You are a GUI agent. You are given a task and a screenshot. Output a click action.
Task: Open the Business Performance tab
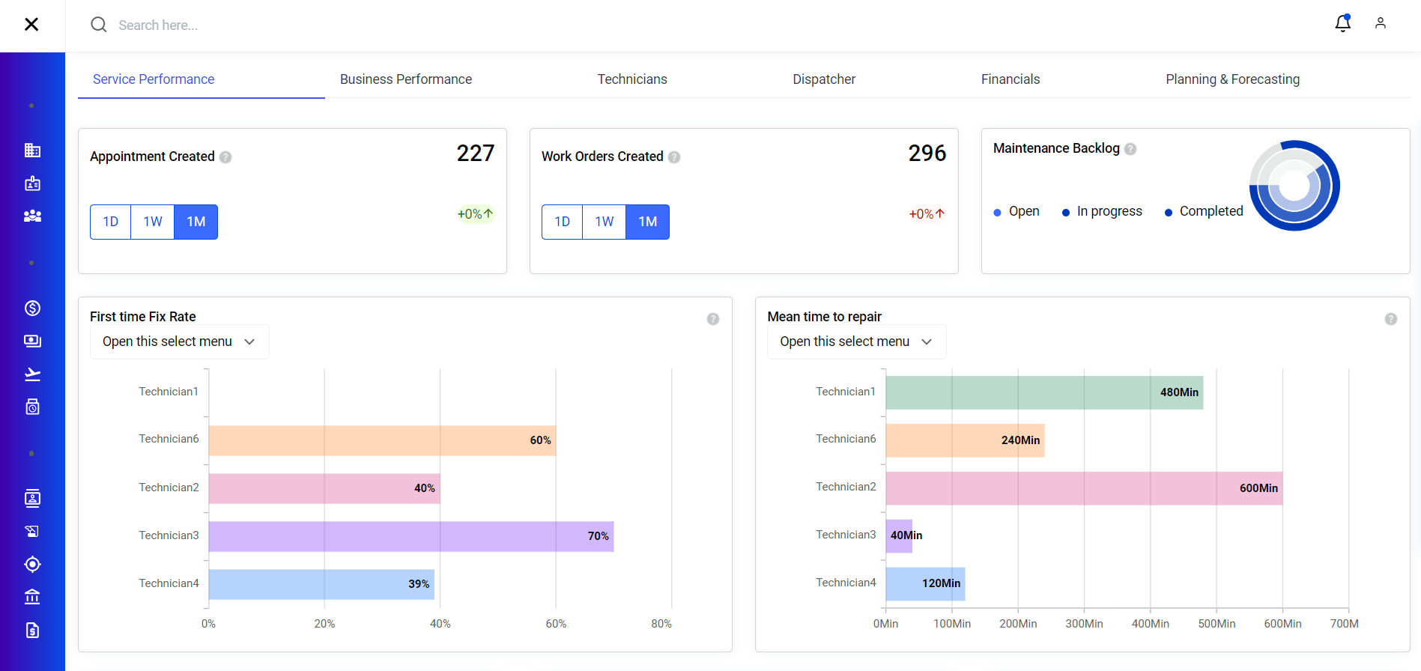[x=405, y=79]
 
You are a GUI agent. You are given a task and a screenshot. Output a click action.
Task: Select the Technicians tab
[x=631, y=79]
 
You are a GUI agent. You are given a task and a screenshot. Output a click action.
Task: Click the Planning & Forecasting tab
[x=1232, y=79]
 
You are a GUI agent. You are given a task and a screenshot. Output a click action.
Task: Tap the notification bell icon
[x=1342, y=24]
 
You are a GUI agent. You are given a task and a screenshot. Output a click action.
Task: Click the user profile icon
[x=1380, y=24]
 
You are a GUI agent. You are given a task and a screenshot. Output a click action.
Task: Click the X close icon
[x=31, y=25]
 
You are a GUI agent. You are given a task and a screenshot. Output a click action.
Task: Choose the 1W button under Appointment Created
[x=153, y=222]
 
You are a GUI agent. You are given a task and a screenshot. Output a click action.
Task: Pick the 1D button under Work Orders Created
[x=562, y=222]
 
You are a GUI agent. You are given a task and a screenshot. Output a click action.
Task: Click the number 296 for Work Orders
[x=927, y=154]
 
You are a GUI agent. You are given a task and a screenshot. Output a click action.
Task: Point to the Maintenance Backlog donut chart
[x=1294, y=186]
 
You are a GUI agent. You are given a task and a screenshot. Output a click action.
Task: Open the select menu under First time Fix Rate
[x=179, y=341]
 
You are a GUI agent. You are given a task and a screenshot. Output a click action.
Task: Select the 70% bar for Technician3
[x=410, y=536]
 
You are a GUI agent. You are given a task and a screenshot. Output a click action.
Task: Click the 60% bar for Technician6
[x=382, y=440]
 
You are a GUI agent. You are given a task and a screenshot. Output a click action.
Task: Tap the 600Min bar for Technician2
[x=1083, y=488]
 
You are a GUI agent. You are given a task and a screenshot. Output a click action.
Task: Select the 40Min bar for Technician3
[x=899, y=536]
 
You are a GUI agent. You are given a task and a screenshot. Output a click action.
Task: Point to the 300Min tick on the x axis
[x=1084, y=624]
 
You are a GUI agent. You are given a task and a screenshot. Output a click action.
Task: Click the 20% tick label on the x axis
[x=324, y=624]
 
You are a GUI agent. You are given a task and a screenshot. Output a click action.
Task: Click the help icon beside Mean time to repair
[x=1390, y=319]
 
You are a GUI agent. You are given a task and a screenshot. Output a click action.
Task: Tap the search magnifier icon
[x=98, y=25]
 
